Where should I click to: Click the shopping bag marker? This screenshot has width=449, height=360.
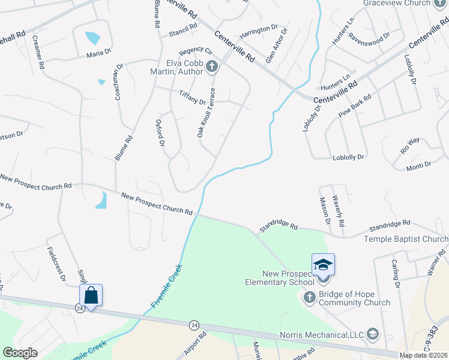click(91, 295)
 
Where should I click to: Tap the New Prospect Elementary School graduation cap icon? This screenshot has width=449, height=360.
click(323, 265)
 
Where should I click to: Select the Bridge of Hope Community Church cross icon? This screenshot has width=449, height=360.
click(309, 296)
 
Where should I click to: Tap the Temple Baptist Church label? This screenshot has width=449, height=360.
click(406, 239)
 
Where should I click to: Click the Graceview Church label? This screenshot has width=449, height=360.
click(397, 3)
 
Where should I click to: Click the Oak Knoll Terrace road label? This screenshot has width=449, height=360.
click(206, 112)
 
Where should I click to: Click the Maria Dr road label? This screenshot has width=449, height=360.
click(99, 53)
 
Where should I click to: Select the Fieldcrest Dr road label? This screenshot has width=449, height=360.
click(56, 263)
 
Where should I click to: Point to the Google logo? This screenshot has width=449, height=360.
click(20, 353)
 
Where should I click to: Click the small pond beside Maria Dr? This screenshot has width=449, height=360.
click(92, 38)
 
